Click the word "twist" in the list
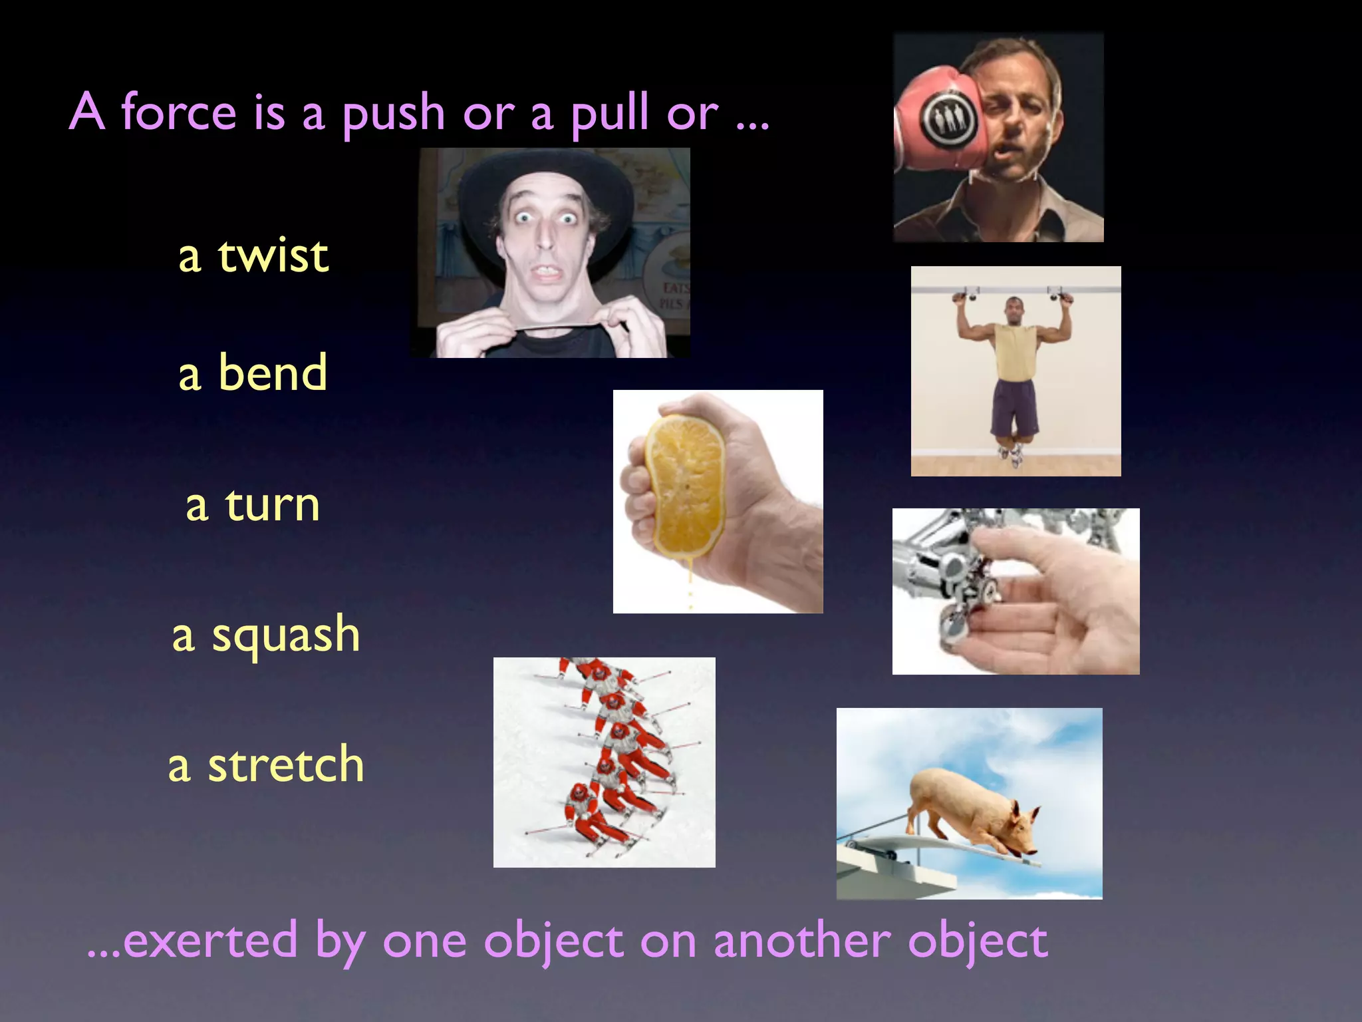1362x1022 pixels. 273,255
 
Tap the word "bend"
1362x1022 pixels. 273,373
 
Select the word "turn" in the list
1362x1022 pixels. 273,505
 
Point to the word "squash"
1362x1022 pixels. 286,635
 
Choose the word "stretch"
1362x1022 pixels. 286,765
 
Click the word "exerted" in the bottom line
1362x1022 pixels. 210,941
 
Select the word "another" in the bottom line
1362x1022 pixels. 802,941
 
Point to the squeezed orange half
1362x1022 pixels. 685,486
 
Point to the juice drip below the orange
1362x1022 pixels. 690,586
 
